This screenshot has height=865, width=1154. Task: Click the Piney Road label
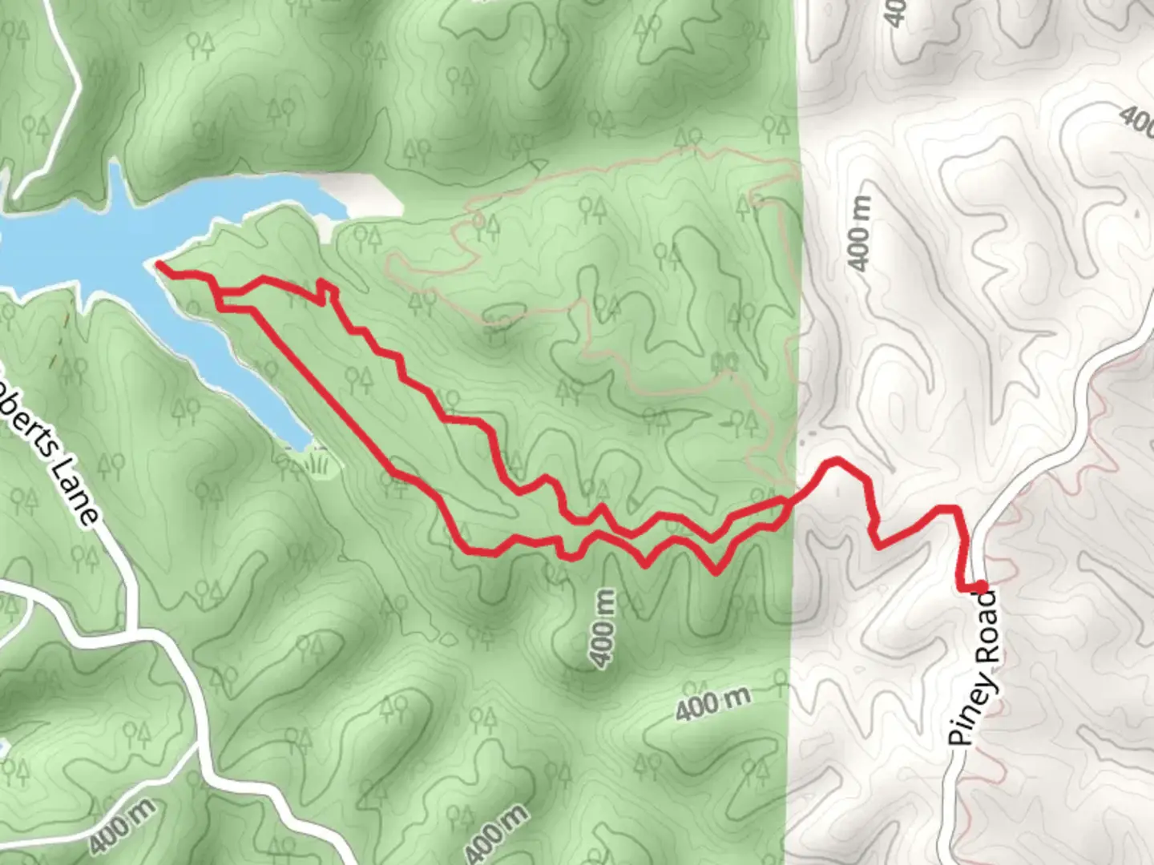click(975, 670)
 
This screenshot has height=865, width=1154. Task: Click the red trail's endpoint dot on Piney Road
click(979, 587)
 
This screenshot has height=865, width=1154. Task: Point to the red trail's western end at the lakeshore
click(159, 264)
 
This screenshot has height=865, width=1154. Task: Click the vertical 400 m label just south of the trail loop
click(605, 629)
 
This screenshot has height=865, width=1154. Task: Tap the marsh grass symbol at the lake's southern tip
click(318, 462)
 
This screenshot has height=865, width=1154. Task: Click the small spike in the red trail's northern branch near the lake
click(324, 292)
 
